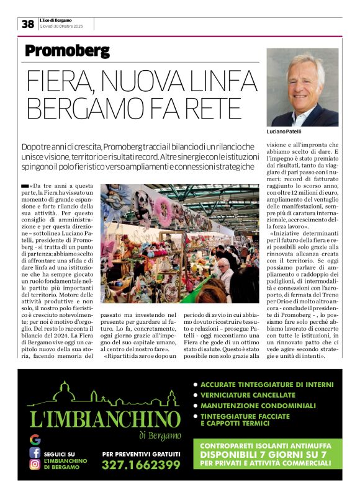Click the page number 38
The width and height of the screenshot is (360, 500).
(x=28, y=24)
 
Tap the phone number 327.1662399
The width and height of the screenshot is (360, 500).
(x=141, y=465)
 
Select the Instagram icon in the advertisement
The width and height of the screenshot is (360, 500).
(x=35, y=465)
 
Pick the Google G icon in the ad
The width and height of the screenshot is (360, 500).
(x=35, y=439)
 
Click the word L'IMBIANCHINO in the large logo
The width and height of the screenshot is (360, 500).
(x=105, y=419)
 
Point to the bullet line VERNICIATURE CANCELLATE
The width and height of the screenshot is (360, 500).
(x=248, y=395)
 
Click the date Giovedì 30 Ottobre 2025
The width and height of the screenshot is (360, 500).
(x=61, y=27)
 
